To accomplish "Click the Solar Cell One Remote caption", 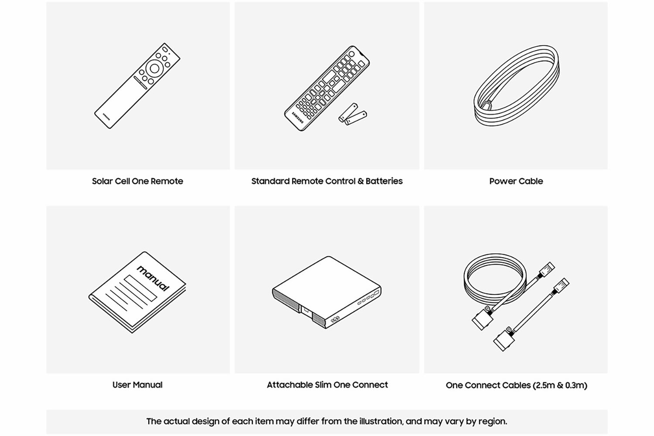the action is click(x=137, y=181).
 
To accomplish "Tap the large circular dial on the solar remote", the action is click(x=154, y=68).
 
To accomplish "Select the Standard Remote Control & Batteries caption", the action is click(x=327, y=181).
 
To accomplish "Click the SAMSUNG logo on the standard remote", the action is click(x=298, y=117).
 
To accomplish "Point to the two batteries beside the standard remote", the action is click(x=353, y=114).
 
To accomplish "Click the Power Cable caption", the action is click(x=516, y=181).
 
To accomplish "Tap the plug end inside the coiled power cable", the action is click(x=487, y=105).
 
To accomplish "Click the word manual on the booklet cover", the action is click(x=153, y=278).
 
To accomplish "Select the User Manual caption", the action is click(x=137, y=385).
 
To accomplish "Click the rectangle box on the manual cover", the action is click(x=140, y=288).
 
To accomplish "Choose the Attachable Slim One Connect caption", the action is click(x=327, y=385).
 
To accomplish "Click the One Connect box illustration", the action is click(x=327, y=292).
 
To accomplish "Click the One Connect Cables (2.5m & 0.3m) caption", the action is click(x=517, y=385).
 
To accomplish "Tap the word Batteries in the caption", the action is click(x=384, y=181).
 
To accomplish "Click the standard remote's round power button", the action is click(x=351, y=54).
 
